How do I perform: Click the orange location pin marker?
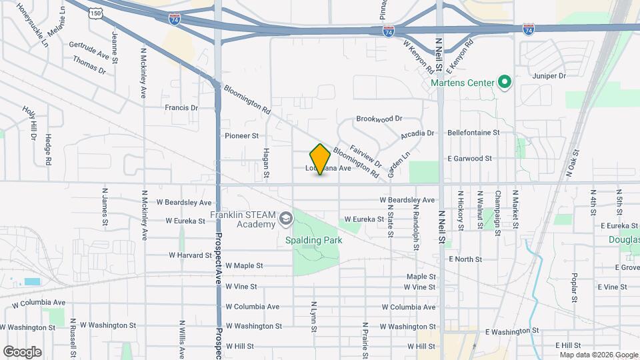(x=320, y=159)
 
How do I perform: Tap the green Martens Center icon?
(x=505, y=83)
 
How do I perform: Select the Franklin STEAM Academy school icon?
(x=285, y=218)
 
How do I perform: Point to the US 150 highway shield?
(x=97, y=13)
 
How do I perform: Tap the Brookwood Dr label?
(x=379, y=119)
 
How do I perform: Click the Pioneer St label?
(x=241, y=135)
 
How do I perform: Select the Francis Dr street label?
(x=181, y=107)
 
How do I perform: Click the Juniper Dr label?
(x=549, y=76)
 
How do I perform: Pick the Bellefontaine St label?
(x=473, y=133)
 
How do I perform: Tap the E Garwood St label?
(x=469, y=159)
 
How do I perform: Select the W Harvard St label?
(x=190, y=255)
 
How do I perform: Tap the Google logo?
(x=22, y=351)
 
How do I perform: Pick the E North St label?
(x=465, y=259)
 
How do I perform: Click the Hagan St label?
(x=265, y=163)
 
